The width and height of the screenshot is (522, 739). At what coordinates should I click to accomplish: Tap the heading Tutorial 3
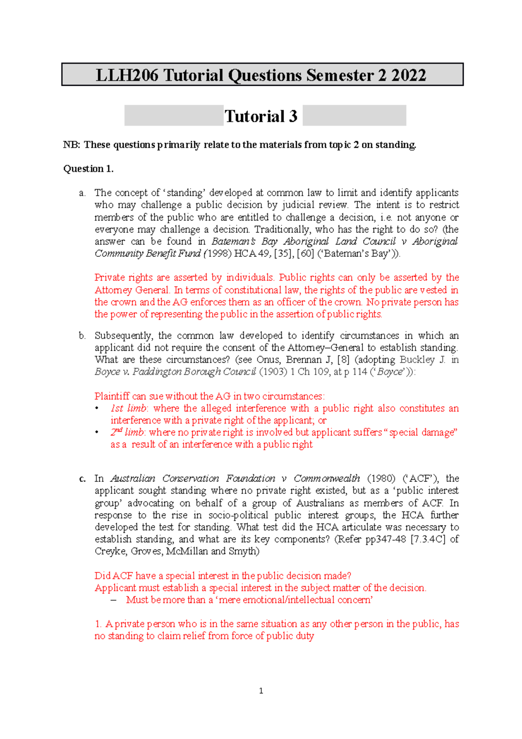261,116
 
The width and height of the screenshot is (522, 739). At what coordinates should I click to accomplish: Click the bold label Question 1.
88,169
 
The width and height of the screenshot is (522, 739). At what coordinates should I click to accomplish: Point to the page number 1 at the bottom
261,691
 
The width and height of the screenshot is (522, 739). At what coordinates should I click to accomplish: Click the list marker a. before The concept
82,193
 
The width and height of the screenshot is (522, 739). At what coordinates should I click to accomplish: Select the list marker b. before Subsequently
82,336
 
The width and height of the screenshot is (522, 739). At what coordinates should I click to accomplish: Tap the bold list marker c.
82,479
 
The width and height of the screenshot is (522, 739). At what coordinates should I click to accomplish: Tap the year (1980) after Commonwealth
381,479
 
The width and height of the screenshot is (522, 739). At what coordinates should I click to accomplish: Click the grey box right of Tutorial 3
354,115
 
